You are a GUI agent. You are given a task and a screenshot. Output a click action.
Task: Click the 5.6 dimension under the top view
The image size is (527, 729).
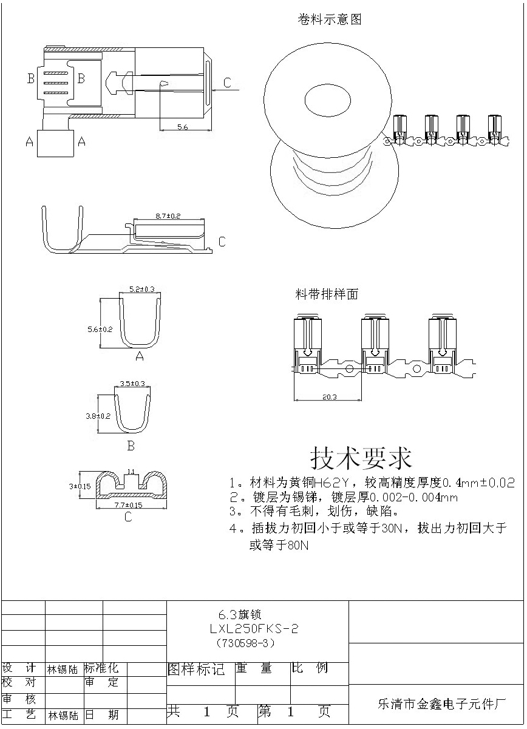pyautogui.click(x=182, y=126)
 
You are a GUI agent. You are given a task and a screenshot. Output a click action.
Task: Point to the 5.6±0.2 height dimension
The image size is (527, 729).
pyautogui.click(x=100, y=329)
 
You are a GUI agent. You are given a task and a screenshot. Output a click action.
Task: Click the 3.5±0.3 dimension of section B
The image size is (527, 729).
pyautogui.click(x=132, y=384)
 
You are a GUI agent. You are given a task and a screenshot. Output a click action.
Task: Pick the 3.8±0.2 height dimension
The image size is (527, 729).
pyautogui.click(x=98, y=416)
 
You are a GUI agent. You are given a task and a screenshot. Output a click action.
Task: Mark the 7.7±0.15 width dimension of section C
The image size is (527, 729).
pyautogui.click(x=128, y=505)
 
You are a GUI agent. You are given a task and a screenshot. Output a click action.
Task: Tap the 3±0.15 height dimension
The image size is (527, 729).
pyautogui.click(x=80, y=486)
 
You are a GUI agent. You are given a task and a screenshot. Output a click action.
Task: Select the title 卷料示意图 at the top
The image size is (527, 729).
pyautogui.click(x=330, y=19)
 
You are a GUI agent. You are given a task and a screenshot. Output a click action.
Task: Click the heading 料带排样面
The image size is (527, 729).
pyautogui.click(x=327, y=295)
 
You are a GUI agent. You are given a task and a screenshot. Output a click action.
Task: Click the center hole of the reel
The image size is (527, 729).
pyautogui.click(x=327, y=99)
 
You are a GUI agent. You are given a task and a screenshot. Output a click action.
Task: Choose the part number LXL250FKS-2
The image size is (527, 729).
pyautogui.click(x=254, y=629)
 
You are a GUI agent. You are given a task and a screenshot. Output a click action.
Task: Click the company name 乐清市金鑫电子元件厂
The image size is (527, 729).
pyautogui.click(x=441, y=704)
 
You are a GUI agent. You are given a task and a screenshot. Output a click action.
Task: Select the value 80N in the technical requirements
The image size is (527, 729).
pyautogui.click(x=297, y=546)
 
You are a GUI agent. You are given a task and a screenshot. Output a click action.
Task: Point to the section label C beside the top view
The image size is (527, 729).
pyautogui.click(x=227, y=83)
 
